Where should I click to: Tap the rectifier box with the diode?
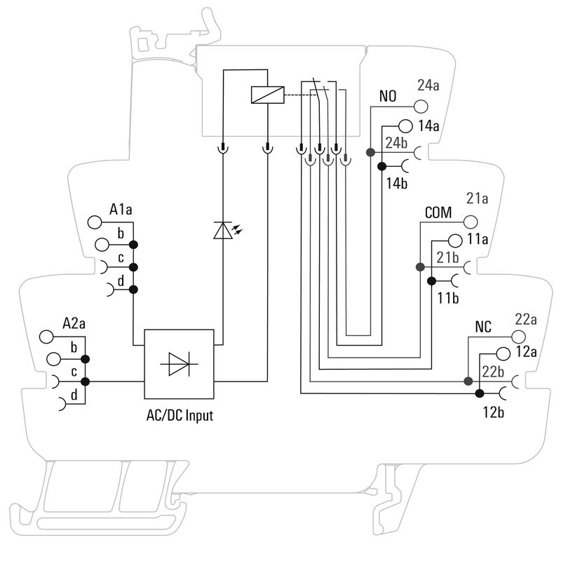pos(179,364)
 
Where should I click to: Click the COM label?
pos(438,212)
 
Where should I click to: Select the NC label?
pos(483,327)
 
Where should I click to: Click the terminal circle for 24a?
pos(420,107)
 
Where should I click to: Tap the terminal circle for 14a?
pos(405,126)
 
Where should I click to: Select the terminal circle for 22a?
pos(518,336)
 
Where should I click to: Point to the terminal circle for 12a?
pos(503,355)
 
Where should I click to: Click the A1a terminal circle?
pos(95,224)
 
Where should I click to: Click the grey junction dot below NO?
pos(370,151)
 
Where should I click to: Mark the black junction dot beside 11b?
pos(431,281)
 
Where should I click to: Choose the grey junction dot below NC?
pos(468,381)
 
